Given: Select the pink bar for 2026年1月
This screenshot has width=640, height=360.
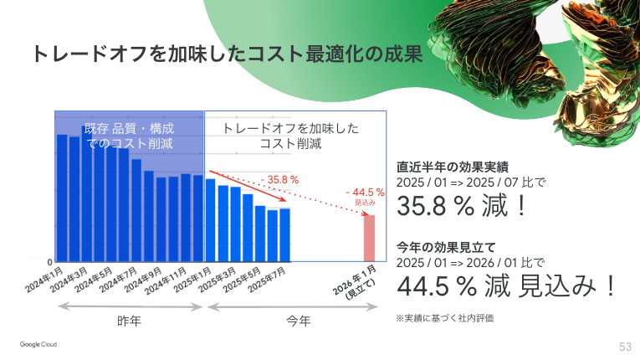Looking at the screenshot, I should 368,238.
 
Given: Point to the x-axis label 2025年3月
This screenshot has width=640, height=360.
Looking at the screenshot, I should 221,281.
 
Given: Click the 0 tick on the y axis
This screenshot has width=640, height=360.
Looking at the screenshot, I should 49,261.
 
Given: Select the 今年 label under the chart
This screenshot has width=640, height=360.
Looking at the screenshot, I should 298,321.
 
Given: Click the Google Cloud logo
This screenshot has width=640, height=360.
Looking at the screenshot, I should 44,344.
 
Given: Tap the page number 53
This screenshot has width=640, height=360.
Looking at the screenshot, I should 625,346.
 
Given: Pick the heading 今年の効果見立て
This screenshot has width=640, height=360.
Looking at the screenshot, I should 447,247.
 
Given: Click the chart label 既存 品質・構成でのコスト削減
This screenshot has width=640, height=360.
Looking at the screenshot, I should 129,136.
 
